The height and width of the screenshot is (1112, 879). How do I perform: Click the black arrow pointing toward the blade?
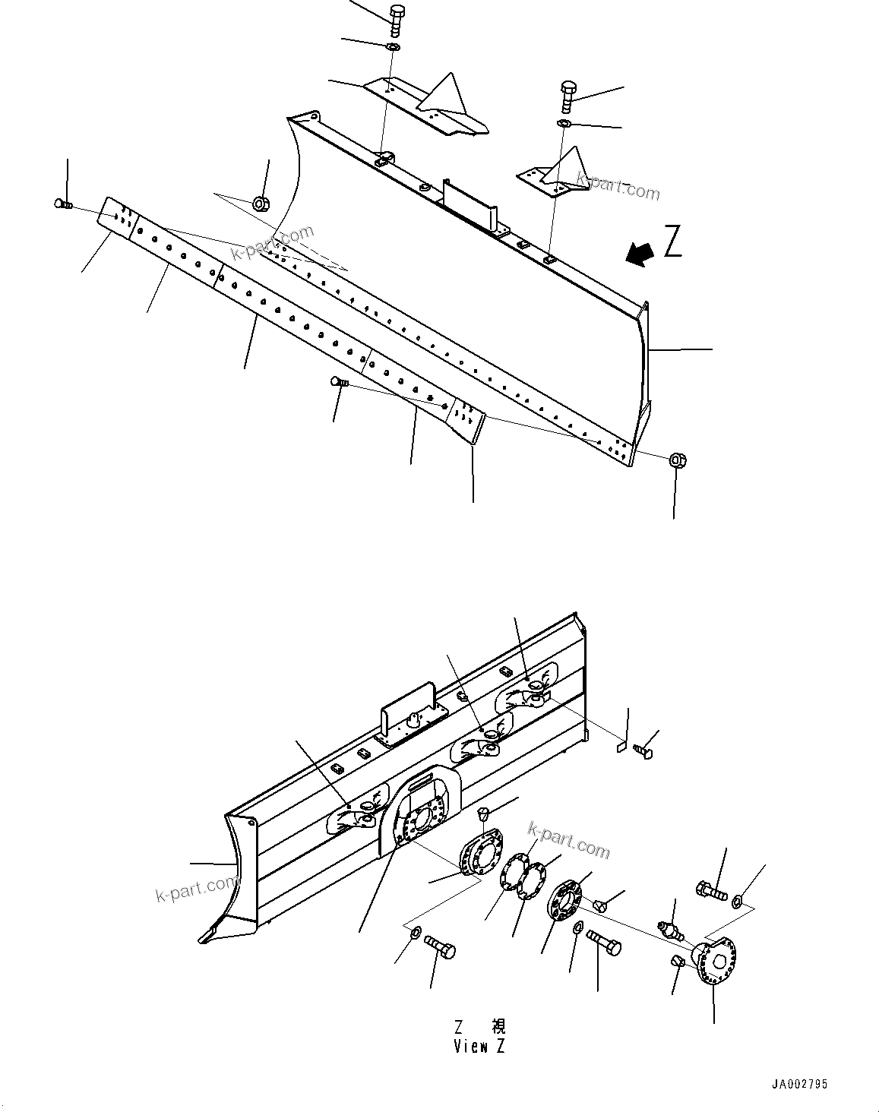[x=640, y=254]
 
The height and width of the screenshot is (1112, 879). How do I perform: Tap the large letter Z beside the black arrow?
[x=672, y=242]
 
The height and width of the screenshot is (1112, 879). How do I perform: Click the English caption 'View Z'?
[x=479, y=1046]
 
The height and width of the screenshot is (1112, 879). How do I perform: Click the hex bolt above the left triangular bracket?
[x=397, y=19]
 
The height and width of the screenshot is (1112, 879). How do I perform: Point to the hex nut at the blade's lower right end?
[x=678, y=460]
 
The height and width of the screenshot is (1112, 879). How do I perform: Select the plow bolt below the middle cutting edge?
[x=337, y=382]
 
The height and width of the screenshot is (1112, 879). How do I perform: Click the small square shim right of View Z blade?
[x=621, y=747]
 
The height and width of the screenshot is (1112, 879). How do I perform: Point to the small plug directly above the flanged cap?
[x=482, y=814]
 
